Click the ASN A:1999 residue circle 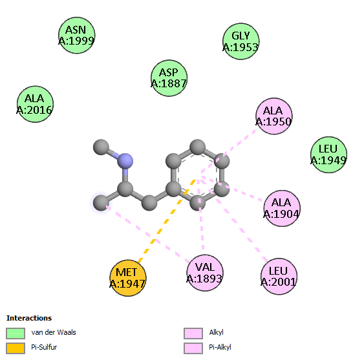(x=76, y=36)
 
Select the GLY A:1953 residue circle (x=241, y=41)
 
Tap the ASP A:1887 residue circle (x=169, y=78)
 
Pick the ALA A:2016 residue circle (x=35, y=104)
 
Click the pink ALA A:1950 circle (x=274, y=116)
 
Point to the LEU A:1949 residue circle (x=328, y=154)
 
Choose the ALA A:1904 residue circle (x=282, y=208)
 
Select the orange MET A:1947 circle (x=127, y=278)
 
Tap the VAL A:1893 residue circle (x=205, y=273)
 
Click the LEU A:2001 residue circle (x=279, y=276)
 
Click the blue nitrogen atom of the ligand (x=125, y=161)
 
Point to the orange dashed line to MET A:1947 (x=167, y=221)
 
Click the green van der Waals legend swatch (x=16, y=334)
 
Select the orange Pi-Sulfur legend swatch (x=16, y=348)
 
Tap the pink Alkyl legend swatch (x=193, y=334)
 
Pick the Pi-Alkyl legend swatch (x=193, y=348)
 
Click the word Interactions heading (x=29, y=318)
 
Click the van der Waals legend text (x=54, y=332)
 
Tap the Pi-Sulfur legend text (x=44, y=347)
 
